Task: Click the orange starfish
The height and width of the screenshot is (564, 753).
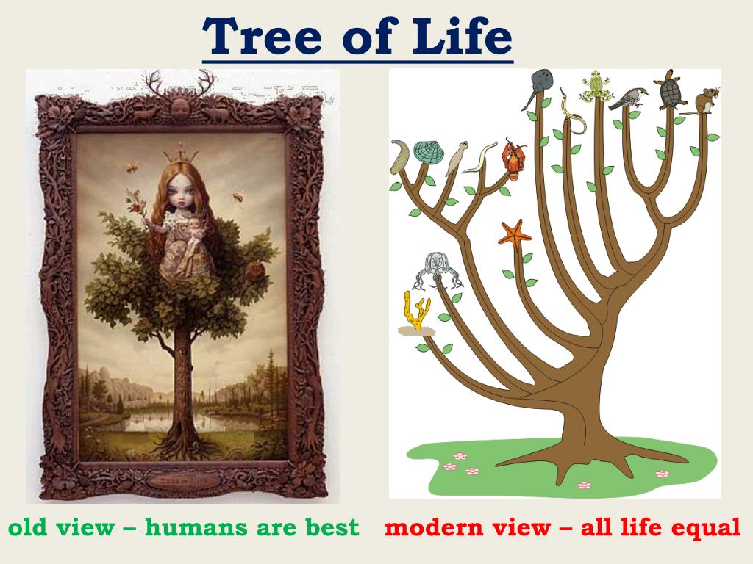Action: point(515,235)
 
